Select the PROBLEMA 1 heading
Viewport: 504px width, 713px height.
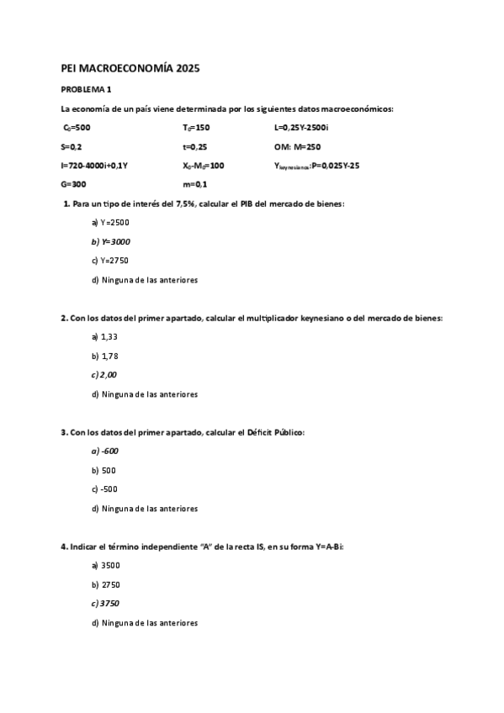(87, 89)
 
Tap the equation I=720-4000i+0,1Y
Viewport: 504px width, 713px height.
(95, 166)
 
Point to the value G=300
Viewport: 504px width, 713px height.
(74, 184)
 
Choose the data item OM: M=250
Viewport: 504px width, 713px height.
(297, 146)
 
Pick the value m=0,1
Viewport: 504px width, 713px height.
(195, 184)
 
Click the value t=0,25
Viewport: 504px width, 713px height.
(195, 146)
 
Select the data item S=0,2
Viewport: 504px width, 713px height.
(72, 146)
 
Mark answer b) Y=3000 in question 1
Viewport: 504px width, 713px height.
(110, 241)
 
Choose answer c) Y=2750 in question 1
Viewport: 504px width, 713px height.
(110, 261)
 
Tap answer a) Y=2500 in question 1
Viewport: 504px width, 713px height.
(110, 222)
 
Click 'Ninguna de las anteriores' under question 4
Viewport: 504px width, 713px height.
(149, 623)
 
